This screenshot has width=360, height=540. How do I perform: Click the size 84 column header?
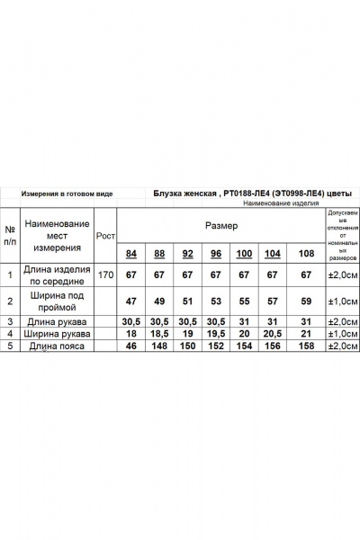point(132,253)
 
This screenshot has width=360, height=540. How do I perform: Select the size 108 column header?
point(305,253)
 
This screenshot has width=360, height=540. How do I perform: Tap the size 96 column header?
point(216,253)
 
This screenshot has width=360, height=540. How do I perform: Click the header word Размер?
point(222,224)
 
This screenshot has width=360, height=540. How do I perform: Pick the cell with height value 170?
point(106,274)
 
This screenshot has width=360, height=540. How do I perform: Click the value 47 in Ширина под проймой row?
point(132,301)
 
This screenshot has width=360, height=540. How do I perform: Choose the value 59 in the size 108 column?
point(305,301)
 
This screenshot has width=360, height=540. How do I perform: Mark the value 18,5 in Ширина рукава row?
point(160,333)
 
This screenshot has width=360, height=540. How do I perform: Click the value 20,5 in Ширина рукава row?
point(272,333)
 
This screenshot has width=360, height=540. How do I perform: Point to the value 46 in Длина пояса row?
point(132,346)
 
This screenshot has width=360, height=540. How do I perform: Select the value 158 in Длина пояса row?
point(305,346)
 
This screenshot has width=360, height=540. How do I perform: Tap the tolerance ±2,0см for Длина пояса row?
point(341,346)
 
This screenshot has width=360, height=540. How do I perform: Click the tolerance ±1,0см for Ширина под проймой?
point(341,301)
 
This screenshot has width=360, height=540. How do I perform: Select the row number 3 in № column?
point(10,321)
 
